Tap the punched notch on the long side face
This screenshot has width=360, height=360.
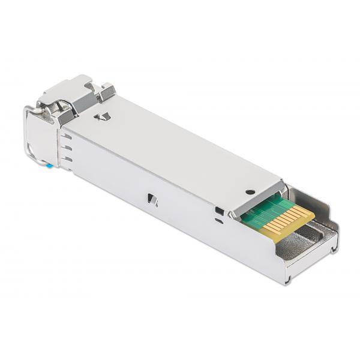(152, 200)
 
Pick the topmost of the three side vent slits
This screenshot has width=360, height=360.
(67, 136)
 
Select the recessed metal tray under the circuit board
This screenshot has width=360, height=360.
(312, 240)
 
